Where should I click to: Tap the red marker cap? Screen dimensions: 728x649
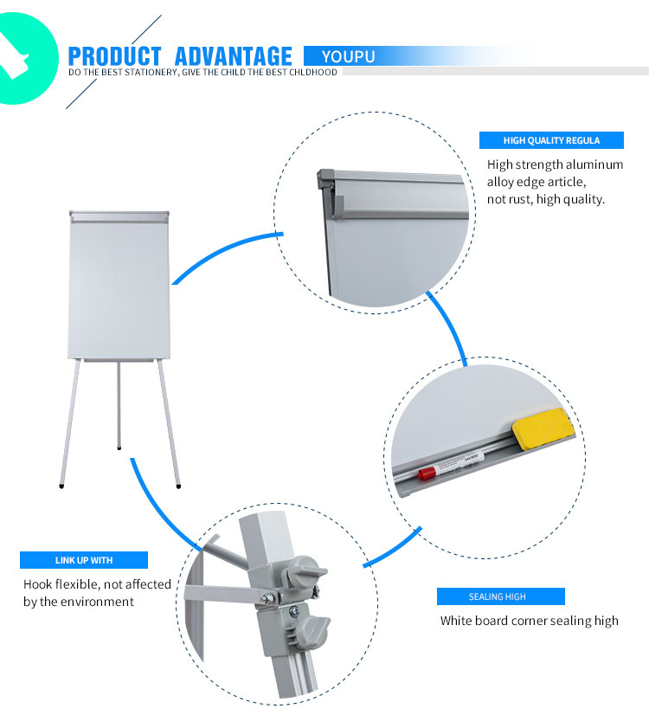pyautogui.click(x=427, y=474)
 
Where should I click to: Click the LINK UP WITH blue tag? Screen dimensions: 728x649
pyautogui.click(x=84, y=560)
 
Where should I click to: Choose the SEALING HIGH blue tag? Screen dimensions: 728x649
pyautogui.click(x=500, y=596)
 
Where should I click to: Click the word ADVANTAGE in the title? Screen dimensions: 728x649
pyautogui.click(x=233, y=56)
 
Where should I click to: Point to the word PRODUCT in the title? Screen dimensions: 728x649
pyautogui.click(x=114, y=56)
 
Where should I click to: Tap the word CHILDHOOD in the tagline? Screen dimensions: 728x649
pyautogui.click(x=313, y=73)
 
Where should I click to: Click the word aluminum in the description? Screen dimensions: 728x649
pyautogui.click(x=594, y=164)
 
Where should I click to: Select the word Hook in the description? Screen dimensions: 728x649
pyautogui.click(x=40, y=584)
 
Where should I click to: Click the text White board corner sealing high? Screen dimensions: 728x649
pyautogui.click(x=529, y=621)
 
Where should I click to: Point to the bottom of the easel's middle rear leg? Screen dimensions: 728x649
pyautogui.click(x=119, y=447)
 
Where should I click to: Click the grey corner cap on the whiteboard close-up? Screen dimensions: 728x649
pyautogui.click(x=327, y=178)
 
